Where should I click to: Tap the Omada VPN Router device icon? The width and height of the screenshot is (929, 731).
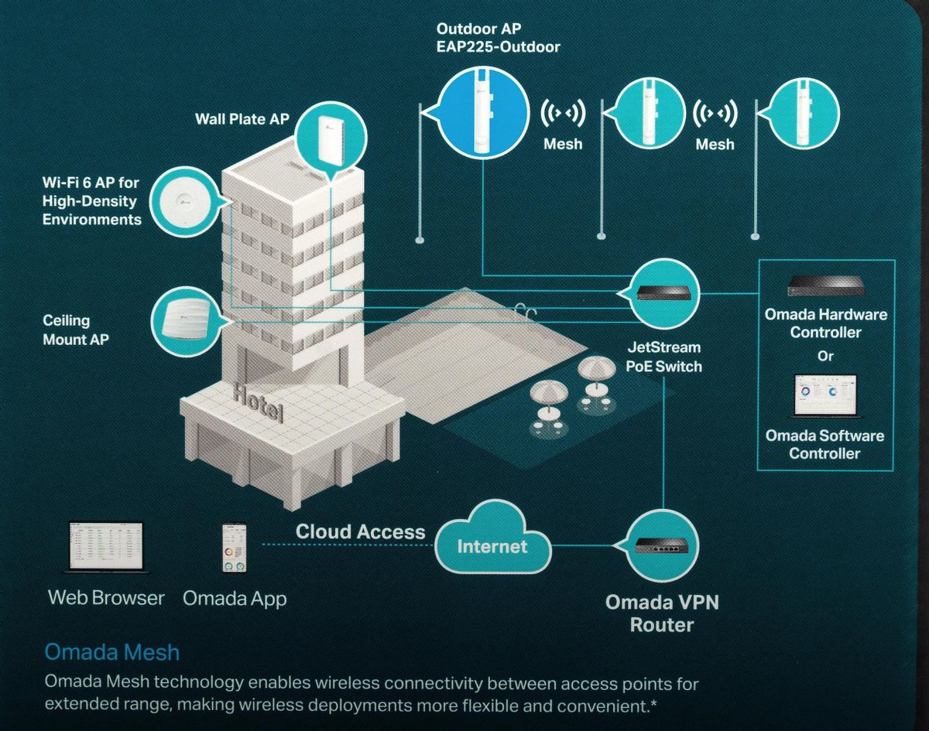[662, 546]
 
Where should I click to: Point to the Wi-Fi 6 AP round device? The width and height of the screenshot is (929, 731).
[187, 203]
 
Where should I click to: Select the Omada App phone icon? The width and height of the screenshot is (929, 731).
[234, 548]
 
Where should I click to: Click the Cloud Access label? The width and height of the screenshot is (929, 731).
[360, 531]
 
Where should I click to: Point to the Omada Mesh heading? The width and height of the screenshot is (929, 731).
[112, 652]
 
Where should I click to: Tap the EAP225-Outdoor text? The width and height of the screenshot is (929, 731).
[498, 47]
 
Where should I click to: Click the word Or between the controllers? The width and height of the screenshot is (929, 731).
[825, 356]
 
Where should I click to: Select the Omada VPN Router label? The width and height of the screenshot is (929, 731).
[662, 613]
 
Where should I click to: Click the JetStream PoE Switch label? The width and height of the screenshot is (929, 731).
[664, 357]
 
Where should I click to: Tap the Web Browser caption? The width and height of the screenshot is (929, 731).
[106, 598]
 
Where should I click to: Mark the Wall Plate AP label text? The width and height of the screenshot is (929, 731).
[242, 119]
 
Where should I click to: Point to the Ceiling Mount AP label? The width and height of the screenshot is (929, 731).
[76, 330]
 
